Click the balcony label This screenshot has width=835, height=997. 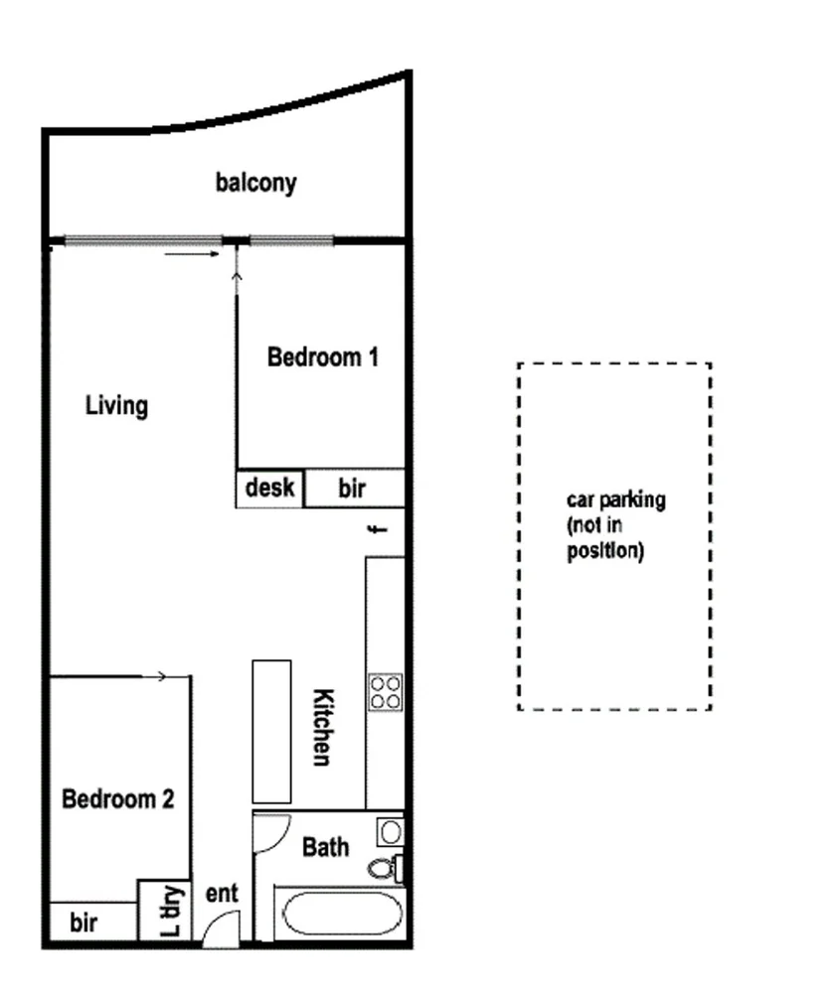255,183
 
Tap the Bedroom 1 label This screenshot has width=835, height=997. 322,356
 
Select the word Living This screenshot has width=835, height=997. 116,405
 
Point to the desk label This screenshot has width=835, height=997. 269,488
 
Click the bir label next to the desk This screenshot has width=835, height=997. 352,489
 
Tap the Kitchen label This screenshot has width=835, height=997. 322,727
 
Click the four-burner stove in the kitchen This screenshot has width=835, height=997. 385,692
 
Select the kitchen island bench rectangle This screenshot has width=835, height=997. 270,731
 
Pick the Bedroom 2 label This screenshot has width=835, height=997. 118,798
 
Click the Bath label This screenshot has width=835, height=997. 325,847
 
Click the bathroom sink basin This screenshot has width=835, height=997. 390,831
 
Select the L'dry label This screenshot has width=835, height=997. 172,911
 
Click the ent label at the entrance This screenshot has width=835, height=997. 223,894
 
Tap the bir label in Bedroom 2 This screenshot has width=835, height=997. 83,924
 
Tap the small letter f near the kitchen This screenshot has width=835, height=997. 376,529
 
